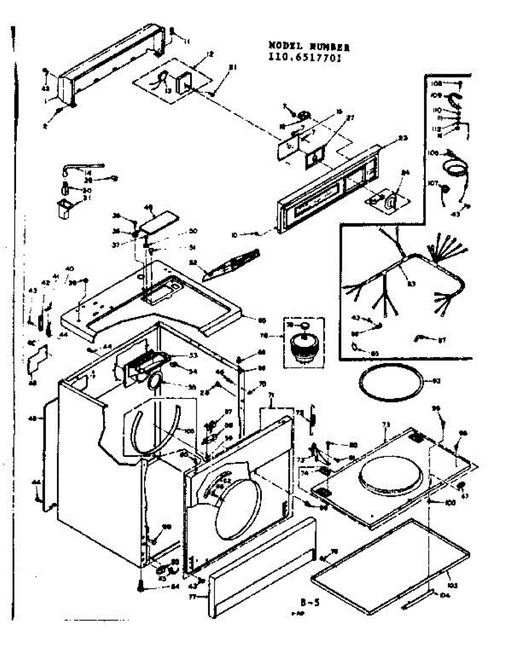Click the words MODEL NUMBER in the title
[309, 47]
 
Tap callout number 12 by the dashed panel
[209, 54]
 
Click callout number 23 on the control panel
[403, 139]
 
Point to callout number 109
[435, 95]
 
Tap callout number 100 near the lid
[450, 502]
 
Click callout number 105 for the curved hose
[190, 431]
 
